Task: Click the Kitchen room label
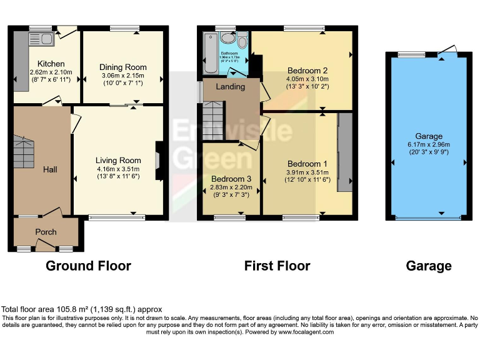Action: (51, 64)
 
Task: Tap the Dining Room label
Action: (123, 67)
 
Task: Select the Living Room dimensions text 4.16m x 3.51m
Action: (118, 169)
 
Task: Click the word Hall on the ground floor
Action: (51, 169)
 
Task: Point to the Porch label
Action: (46, 232)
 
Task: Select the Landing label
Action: (230, 86)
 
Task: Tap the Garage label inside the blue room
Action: (429, 136)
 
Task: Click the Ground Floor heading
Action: (88, 266)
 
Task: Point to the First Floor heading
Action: (277, 266)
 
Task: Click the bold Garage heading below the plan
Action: (429, 266)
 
